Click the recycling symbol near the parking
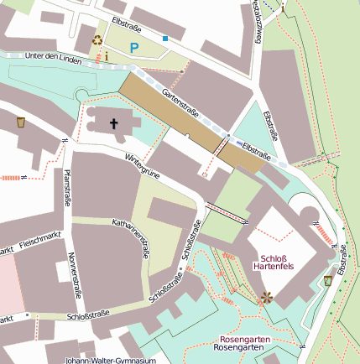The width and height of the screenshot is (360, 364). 97,39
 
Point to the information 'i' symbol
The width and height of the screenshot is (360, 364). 107,56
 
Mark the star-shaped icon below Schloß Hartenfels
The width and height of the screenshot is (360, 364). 268,296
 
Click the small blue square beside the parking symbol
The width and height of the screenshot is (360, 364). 164,39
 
